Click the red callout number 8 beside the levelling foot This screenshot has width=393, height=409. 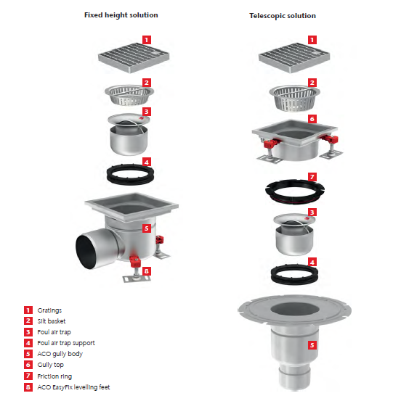tap(147, 272)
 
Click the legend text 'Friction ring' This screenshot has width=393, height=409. tap(56, 376)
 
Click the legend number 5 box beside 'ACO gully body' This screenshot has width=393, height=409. tap(28, 354)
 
